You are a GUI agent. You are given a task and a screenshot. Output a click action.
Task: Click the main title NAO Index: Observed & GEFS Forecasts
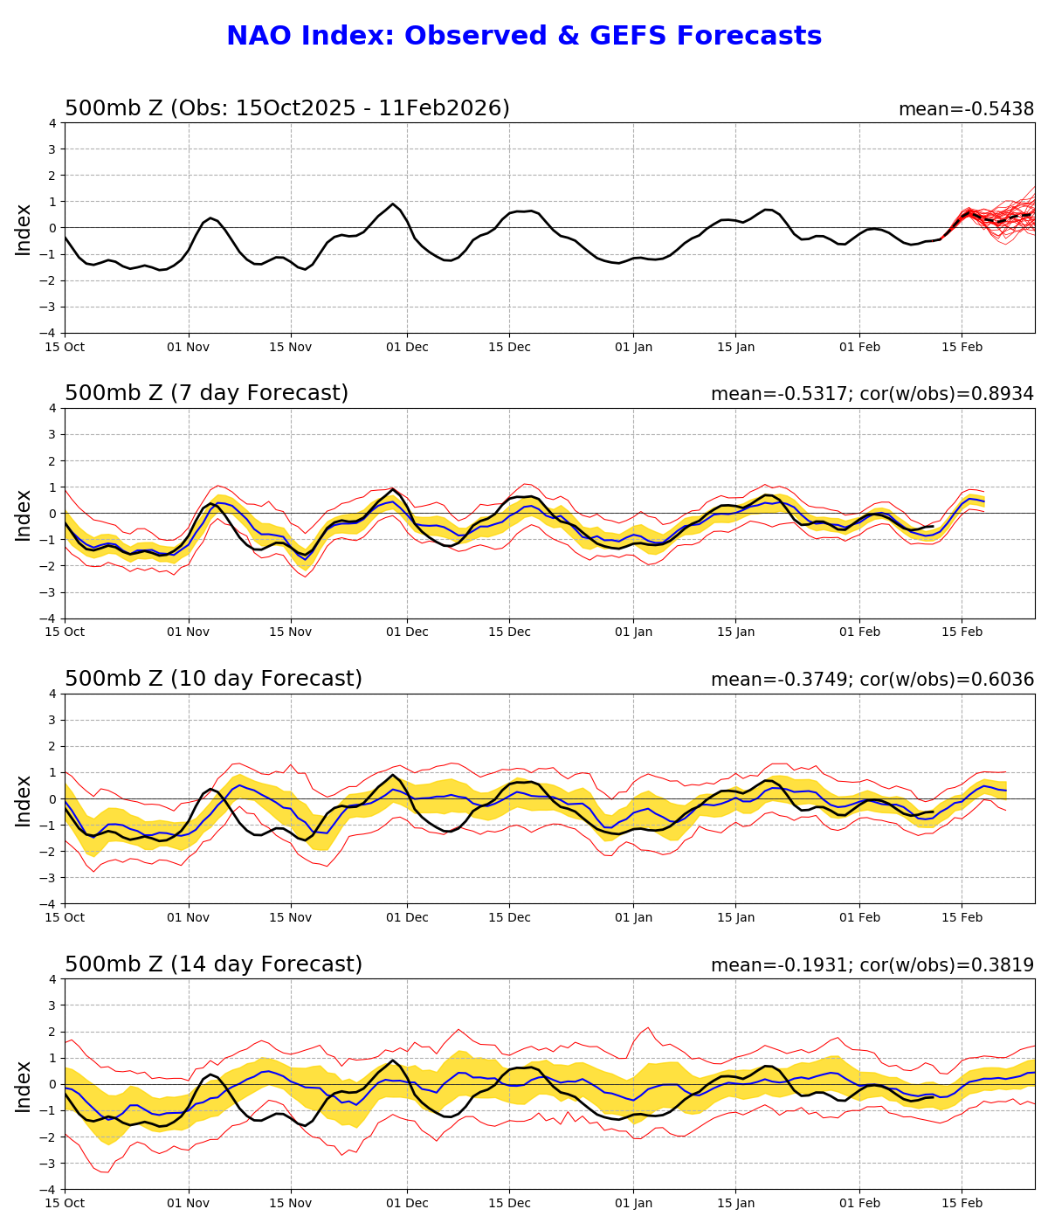524,37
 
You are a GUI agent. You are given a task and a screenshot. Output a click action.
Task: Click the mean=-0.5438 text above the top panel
966,110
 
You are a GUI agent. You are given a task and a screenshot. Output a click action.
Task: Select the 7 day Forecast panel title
206,394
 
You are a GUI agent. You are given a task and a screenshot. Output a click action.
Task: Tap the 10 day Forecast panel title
213,680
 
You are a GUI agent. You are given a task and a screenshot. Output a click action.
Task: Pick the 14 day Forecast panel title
213,965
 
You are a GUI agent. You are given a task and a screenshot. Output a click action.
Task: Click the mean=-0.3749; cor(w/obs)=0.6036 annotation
872,681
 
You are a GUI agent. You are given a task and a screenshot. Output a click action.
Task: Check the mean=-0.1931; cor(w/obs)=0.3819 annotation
872,966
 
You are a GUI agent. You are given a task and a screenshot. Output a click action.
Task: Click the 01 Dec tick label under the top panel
407,347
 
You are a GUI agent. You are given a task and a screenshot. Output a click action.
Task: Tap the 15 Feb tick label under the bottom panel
962,1204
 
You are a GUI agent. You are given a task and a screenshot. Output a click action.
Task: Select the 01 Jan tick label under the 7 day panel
633,632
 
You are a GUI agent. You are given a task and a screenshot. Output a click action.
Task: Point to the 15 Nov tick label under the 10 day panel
291,918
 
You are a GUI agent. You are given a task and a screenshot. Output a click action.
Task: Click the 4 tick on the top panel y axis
53,123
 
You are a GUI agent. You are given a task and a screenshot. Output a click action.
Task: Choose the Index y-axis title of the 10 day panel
24,799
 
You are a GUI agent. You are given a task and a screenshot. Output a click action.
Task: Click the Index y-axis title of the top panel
24,229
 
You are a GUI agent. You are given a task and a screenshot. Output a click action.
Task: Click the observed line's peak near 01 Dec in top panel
393,204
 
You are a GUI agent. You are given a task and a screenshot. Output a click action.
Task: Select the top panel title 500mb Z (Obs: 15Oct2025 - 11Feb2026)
286,109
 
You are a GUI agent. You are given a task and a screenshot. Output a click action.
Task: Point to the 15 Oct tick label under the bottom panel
65,1204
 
